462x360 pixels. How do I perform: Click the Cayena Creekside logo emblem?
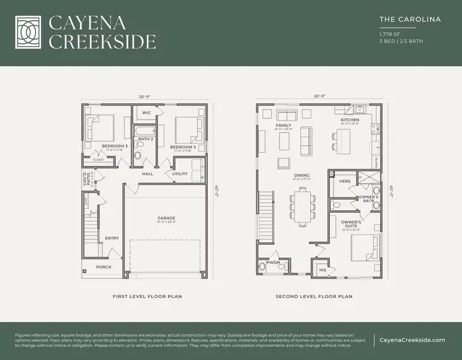[x=28, y=32]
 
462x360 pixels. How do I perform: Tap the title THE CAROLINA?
[x=410, y=19]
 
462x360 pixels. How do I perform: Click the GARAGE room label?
[x=166, y=218]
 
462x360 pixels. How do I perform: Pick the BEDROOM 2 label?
[x=183, y=146]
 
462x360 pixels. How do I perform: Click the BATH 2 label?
[x=146, y=139]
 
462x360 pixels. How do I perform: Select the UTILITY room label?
[x=179, y=174]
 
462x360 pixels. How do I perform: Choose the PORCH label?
[x=103, y=267]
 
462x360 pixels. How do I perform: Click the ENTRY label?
[x=112, y=238]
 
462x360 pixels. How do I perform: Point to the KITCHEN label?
[x=350, y=120]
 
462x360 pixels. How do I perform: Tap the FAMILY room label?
[x=283, y=125]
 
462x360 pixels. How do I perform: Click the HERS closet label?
[x=345, y=181]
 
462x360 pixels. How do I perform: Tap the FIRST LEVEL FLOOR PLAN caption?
[x=147, y=296]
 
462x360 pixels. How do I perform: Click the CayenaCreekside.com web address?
[x=413, y=340]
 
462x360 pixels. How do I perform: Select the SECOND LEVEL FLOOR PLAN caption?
[x=314, y=296]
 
